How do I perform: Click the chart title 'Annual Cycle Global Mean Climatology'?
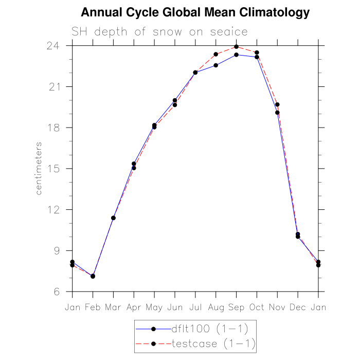click(195, 13)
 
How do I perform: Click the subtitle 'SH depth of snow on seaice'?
click(159, 32)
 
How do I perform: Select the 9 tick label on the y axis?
click(59, 251)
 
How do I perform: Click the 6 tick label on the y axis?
click(59, 292)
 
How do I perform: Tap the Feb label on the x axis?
click(93, 307)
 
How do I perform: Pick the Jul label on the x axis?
click(195, 307)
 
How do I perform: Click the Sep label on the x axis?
click(236, 307)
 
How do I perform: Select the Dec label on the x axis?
click(298, 307)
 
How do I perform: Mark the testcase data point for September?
click(236, 47)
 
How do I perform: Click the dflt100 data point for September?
click(236, 55)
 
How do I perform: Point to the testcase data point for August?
click(216, 54)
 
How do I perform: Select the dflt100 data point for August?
click(216, 65)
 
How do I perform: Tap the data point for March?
click(113, 218)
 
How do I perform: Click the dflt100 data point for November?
click(277, 113)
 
